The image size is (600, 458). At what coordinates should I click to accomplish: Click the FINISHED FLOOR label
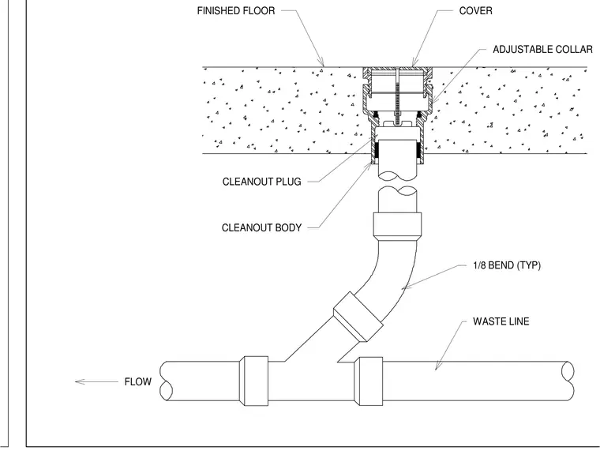(x=236, y=11)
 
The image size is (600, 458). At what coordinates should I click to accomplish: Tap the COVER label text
(x=475, y=11)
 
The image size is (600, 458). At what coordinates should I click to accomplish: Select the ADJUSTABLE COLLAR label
(x=542, y=50)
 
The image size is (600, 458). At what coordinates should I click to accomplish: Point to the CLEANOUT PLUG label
(x=262, y=182)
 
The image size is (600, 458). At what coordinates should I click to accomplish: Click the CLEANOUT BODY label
(x=262, y=227)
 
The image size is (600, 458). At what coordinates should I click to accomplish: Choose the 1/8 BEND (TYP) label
(x=507, y=265)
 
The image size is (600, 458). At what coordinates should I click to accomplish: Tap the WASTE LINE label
(x=501, y=321)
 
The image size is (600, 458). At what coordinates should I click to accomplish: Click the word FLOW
(x=137, y=381)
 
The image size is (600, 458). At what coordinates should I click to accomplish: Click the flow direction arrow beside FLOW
(x=96, y=381)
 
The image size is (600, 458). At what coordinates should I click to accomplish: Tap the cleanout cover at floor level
(x=398, y=69)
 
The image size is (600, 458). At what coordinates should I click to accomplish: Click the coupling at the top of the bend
(x=397, y=226)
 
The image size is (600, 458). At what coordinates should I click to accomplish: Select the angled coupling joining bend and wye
(x=358, y=317)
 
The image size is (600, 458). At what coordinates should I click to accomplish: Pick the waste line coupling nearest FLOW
(x=253, y=381)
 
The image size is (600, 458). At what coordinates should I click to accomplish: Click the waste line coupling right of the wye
(x=369, y=381)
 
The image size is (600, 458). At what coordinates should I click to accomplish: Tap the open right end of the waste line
(x=568, y=381)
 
